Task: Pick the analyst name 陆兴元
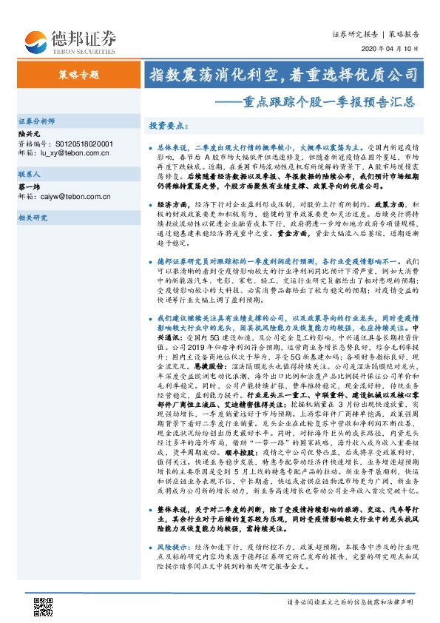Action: point(28,133)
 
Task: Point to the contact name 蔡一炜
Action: point(28,187)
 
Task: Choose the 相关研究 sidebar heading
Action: point(33,218)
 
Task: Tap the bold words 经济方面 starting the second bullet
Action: point(172,202)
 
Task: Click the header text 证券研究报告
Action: point(356,33)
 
